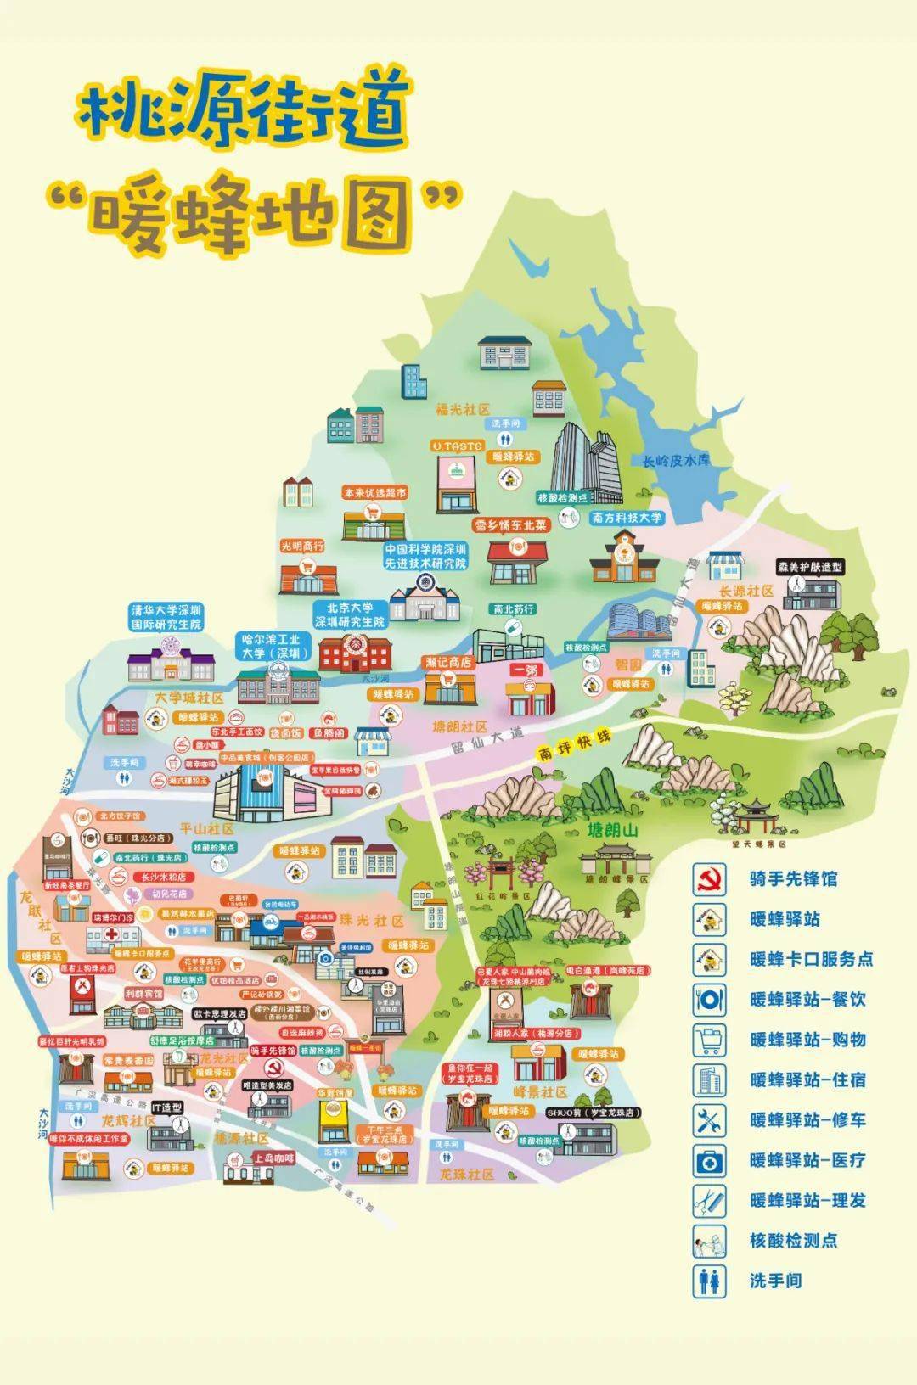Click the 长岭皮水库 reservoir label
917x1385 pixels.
[676, 461]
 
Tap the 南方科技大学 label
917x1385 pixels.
[627, 518]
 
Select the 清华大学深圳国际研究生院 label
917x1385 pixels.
[166, 617]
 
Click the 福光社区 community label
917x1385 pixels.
[463, 409]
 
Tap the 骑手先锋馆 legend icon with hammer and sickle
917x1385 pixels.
[708, 879]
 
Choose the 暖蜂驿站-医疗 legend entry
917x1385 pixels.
[807, 1160]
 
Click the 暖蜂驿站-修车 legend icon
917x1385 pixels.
[708, 1120]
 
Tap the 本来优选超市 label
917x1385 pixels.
[374, 492]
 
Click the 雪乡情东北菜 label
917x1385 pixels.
[511, 525]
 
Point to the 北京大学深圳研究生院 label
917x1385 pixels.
[350, 615]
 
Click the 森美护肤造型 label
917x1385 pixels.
[809, 567]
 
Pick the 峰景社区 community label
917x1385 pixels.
[540, 1092]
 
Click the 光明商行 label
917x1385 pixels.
[303, 547]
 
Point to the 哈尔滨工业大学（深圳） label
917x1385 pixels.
[271, 647]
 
